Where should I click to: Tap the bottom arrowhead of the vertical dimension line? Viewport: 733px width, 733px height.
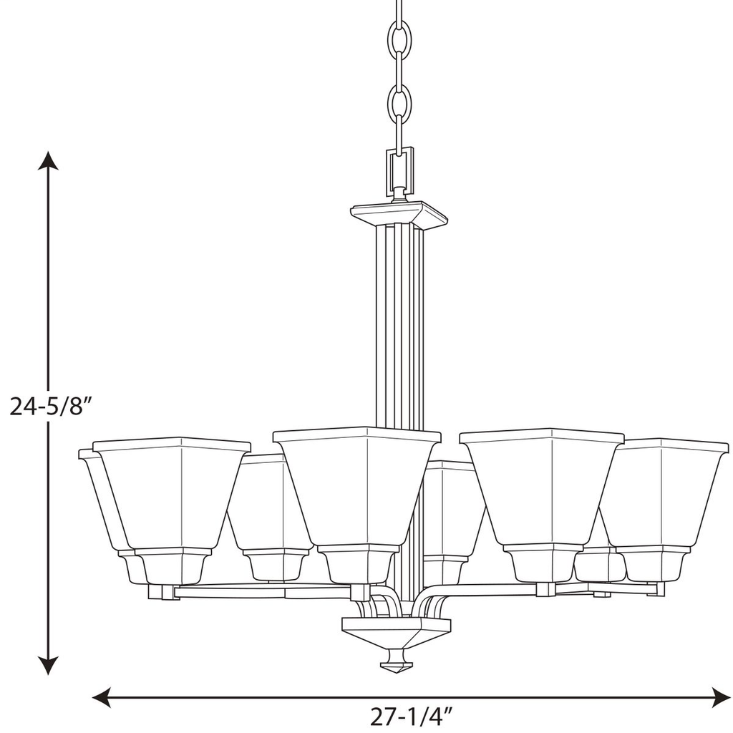tap(48, 666)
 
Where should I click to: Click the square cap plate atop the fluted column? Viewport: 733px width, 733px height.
tap(399, 214)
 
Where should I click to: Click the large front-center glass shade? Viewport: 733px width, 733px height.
tap(356, 487)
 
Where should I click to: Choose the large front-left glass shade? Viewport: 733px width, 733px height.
tap(172, 494)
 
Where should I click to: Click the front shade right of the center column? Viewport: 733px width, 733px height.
tap(542, 487)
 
